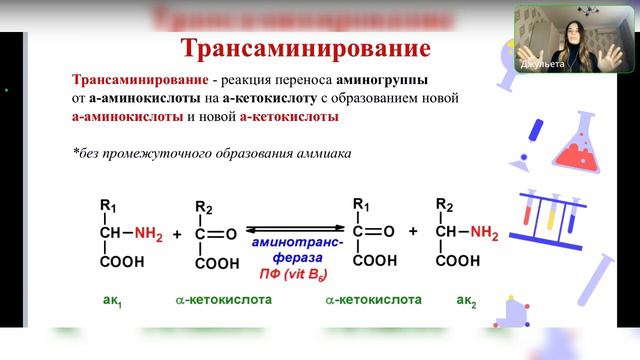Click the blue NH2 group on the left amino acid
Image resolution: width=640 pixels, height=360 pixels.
149,234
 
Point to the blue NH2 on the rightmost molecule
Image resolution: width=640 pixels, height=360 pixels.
483,234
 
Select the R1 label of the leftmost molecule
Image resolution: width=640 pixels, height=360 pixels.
108,207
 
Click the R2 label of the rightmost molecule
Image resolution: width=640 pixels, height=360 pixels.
446,207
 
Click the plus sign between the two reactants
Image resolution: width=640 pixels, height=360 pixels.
177,234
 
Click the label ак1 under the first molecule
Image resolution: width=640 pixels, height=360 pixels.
112,299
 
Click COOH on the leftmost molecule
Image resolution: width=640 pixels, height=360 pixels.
121,262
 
